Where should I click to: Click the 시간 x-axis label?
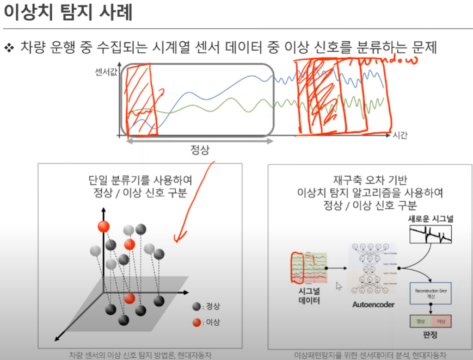pos(400,134)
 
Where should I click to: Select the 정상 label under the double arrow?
pos(200,150)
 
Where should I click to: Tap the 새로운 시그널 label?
pos(431,218)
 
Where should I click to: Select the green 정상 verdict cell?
pos(420,321)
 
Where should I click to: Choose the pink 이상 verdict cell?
pos(441,321)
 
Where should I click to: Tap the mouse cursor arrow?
pos(339,286)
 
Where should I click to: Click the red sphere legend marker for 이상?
pos(196,322)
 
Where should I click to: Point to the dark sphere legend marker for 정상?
pos(196,306)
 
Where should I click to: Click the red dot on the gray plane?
pos(129,298)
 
